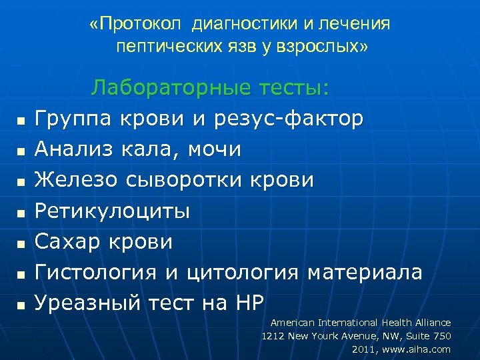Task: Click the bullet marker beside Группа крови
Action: pos(21,121)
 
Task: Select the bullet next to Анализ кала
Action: pos(21,151)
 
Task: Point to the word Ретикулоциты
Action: pos(112,211)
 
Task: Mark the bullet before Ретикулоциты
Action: pos(21,213)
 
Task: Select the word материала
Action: pos(364,272)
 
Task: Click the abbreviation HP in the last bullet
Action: pos(249,303)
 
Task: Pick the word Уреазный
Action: pos(87,303)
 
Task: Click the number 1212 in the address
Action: pos(273,336)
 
